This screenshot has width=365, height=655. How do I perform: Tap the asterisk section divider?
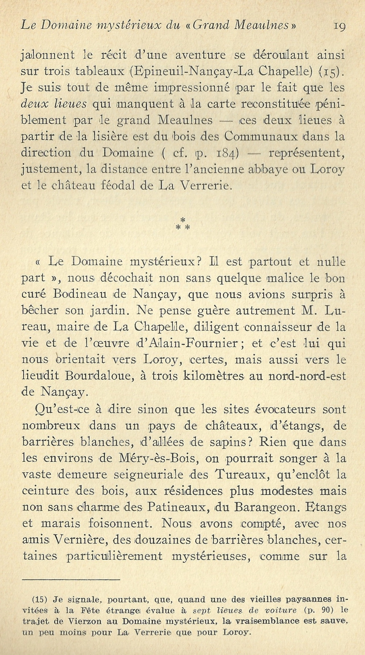pos(183,224)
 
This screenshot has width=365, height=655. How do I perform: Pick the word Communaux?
pos(261,137)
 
